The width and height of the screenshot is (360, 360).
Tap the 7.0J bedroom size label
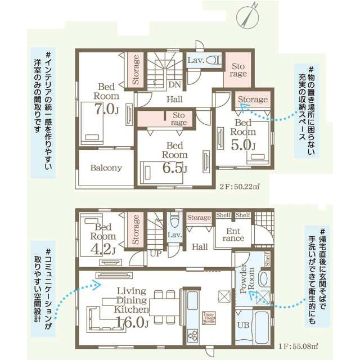tap(106, 107)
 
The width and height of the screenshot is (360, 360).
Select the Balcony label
tap(106, 168)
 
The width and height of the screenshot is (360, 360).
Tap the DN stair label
tap(175, 85)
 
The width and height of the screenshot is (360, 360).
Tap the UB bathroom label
tap(244, 325)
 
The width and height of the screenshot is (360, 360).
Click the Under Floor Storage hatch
tap(210, 318)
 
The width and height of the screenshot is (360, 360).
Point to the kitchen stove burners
tap(193, 335)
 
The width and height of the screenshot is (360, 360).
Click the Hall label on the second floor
tap(174, 99)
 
